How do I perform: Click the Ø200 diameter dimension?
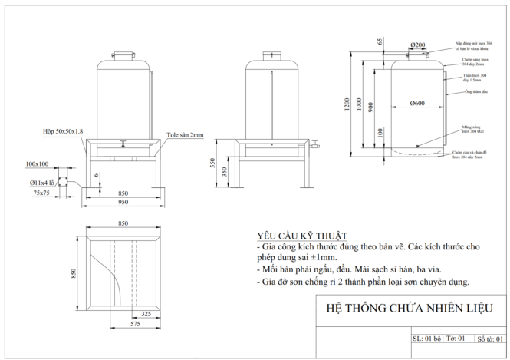[x=417, y=45]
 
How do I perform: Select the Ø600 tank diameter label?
[x=417, y=103]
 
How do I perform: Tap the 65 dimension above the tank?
[x=379, y=41]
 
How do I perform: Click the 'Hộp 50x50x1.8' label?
[x=63, y=132]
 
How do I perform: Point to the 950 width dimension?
[x=123, y=203]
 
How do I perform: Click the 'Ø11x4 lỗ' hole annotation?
[x=43, y=183]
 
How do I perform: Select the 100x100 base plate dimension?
[x=37, y=164]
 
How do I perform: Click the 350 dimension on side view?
[x=224, y=172]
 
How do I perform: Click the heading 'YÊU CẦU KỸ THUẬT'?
[x=301, y=236]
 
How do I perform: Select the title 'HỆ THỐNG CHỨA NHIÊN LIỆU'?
[x=406, y=309]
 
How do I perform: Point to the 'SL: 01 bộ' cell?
[x=427, y=338]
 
